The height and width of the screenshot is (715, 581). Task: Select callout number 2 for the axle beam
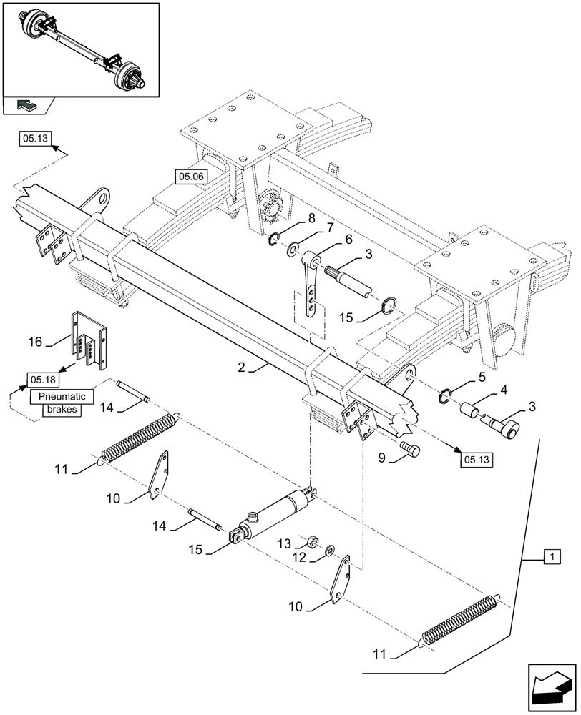(x=243, y=368)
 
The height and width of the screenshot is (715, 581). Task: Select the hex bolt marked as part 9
(x=411, y=450)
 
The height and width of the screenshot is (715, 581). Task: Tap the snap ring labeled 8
(x=274, y=240)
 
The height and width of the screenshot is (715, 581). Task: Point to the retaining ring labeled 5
(x=444, y=393)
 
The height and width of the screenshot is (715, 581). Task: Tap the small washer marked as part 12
(x=329, y=551)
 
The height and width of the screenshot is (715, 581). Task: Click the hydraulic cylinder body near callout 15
(x=275, y=516)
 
